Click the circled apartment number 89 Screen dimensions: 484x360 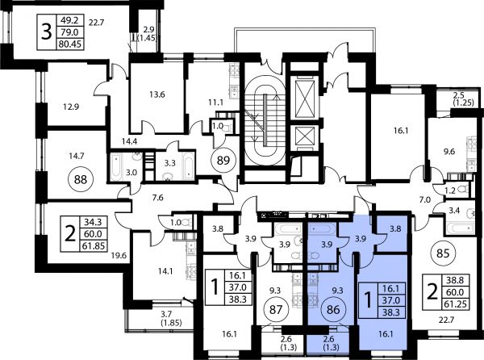223,161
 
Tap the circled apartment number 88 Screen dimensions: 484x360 81,179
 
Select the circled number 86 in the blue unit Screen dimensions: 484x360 333,309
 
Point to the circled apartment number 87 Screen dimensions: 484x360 276,309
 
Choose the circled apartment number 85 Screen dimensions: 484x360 443,253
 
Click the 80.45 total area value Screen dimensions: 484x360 69,44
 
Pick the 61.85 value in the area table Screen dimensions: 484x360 94,246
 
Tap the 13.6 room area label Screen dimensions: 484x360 157,94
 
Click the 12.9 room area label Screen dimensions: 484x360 71,107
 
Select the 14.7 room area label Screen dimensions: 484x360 77,156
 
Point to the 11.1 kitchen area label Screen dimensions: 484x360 215,102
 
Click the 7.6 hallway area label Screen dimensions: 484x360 158,197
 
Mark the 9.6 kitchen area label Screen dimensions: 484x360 449,151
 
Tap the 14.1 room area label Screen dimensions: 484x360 165,271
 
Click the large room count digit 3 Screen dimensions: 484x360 46,32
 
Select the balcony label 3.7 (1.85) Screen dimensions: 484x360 171,319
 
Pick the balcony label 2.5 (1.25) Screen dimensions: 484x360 463,98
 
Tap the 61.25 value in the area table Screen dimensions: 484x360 455,304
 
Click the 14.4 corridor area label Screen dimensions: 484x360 129,141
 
